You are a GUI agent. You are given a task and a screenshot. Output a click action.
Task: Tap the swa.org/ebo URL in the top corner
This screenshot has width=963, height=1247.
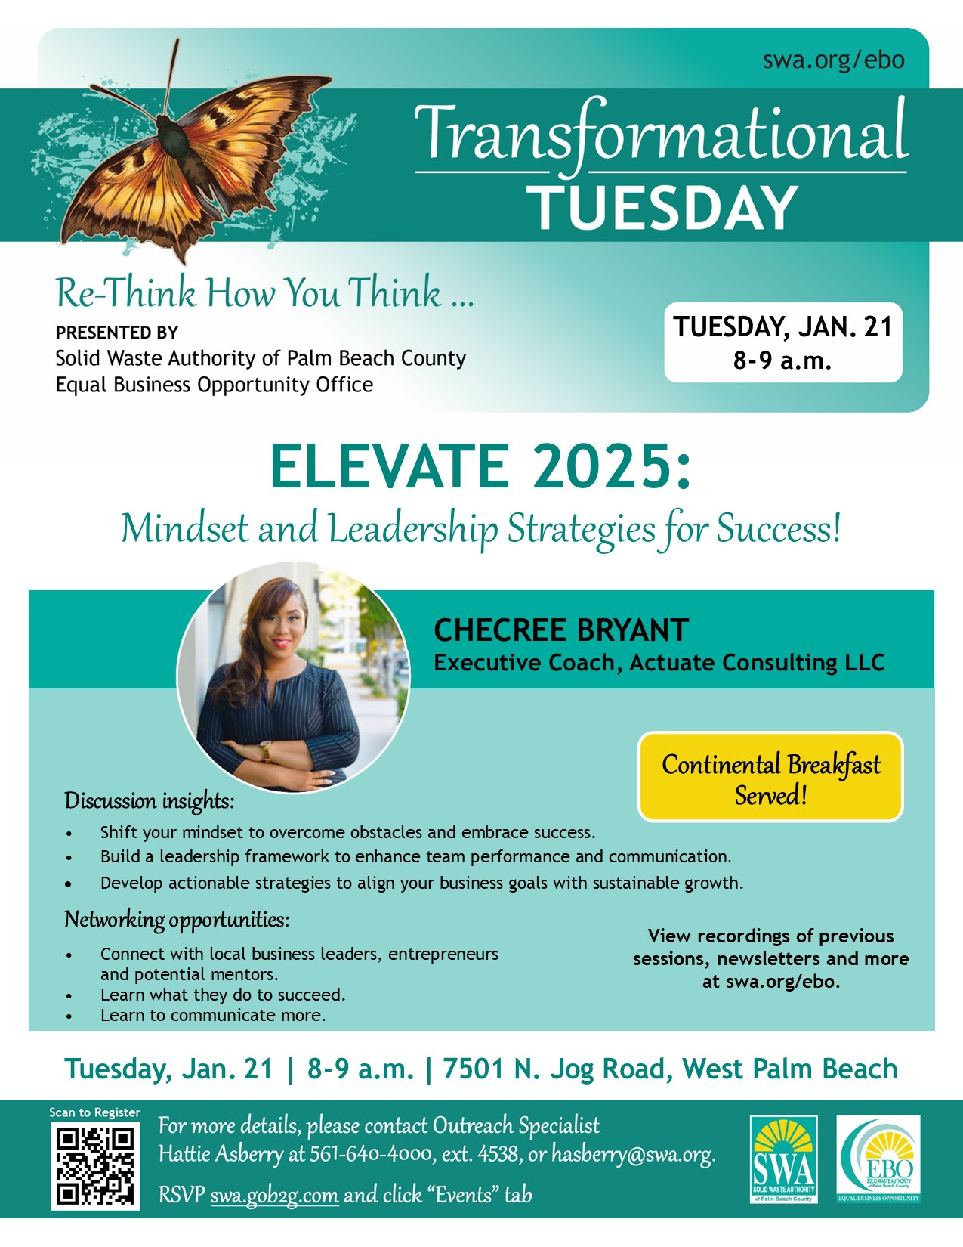tap(833, 60)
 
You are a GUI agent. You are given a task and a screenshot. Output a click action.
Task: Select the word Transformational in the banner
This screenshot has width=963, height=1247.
tap(662, 135)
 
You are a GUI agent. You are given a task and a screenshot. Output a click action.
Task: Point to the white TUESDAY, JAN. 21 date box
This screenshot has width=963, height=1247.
tap(783, 342)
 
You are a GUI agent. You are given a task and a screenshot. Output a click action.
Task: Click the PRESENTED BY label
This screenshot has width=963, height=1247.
tap(117, 333)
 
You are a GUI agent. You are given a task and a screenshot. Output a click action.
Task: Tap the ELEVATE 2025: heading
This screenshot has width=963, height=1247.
tap(481, 466)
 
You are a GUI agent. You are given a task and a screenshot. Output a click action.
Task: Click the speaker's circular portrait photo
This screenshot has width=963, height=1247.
tap(294, 677)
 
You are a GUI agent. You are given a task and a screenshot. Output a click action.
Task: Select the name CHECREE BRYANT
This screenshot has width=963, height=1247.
tap(561, 630)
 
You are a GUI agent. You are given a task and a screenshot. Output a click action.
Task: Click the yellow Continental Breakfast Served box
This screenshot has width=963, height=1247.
tap(770, 776)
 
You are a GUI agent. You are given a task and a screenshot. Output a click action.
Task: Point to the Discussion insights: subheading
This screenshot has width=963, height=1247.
tap(149, 800)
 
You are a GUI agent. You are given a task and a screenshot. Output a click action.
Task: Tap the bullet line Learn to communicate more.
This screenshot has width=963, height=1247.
tap(213, 1015)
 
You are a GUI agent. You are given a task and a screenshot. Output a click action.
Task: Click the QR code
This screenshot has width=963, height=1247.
tap(95, 1166)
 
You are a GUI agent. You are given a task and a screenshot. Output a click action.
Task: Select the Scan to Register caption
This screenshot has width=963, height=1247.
tap(94, 1112)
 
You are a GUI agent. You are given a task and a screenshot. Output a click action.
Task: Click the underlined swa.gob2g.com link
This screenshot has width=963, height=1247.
tap(274, 1195)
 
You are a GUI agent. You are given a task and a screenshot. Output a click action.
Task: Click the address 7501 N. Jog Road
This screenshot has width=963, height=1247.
tap(554, 1069)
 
